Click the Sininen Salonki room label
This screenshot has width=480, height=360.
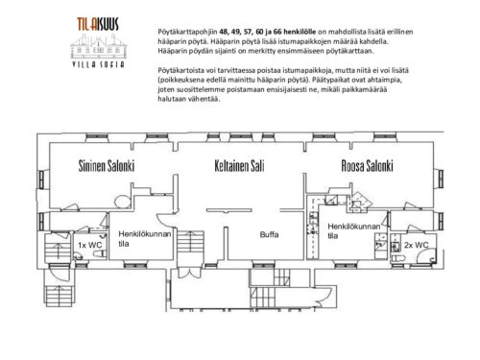[107, 166]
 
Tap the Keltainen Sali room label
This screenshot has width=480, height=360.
[239, 166]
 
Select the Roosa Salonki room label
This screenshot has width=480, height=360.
[367, 166]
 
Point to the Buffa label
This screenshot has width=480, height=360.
[269, 234]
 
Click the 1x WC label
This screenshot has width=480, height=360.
[90, 245]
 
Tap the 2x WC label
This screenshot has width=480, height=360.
[416, 245]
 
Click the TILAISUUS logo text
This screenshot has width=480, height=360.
[98, 24]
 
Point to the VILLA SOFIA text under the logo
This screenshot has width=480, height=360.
[99, 64]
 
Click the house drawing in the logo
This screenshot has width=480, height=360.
[99, 46]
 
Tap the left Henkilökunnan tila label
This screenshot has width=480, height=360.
[145, 239]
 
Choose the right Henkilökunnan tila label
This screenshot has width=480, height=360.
[354, 231]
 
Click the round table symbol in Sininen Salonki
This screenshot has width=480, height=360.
[122, 202]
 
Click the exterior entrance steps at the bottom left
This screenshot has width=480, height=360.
[60, 295]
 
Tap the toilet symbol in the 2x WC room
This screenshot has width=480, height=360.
[397, 258]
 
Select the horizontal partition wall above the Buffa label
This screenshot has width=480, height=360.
[228, 210]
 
